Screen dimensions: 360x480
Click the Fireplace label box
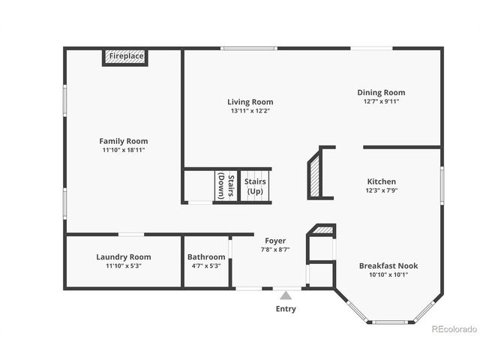(x=124, y=57)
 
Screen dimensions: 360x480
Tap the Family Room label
(x=124, y=140)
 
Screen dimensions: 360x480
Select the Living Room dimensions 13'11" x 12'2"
(x=250, y=111)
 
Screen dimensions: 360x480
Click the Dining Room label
(x=380, y=92)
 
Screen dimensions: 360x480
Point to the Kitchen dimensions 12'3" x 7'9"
(x=381, y=191)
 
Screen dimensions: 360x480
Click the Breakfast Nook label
(x=388, y=265)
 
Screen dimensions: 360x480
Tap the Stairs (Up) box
(x=255, y=187)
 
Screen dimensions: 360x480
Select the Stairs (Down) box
(x=226, y=187)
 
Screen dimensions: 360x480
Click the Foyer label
(x=275, y=241)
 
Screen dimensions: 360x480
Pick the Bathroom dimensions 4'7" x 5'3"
(x=206, y=265)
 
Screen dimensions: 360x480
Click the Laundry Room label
(x=124, y=256)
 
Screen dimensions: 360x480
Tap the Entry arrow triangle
(x=285, y=295)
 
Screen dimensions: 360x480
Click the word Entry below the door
(x=286, y=309)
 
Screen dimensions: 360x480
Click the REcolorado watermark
(x=453, y=329)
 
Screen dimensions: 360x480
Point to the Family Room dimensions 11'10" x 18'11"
(x=124, y=150)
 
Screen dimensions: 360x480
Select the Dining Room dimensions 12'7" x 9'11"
(x=380, y=101)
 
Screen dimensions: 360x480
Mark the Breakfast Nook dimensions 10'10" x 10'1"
(x=388, y=274)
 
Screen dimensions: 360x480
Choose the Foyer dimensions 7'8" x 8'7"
(x=275, y=250)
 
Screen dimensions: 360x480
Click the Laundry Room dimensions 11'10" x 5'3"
(x=124, y=265)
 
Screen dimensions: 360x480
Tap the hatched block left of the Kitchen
(x=314, y=173)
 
